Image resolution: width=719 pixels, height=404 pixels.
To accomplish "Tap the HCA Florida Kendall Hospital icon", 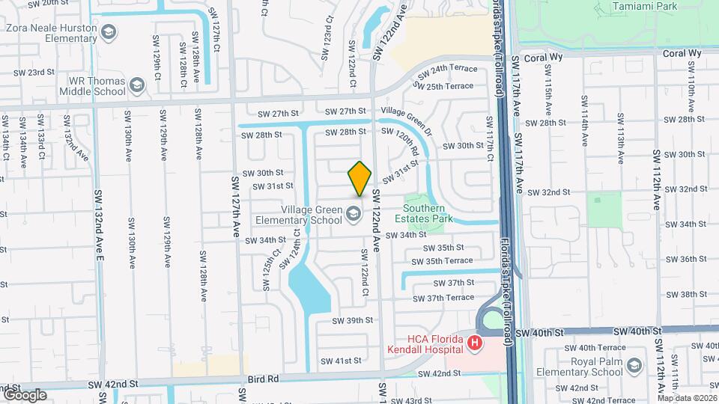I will [x=474, y=344].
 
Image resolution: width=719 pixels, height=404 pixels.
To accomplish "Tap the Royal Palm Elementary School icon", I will [x=634, y=365].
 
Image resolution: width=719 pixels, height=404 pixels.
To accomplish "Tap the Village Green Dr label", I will [x=407, y=118].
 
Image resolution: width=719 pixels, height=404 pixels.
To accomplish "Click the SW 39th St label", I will [x=352, y=320].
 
